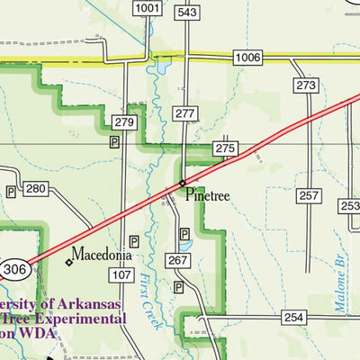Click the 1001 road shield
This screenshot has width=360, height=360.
150,9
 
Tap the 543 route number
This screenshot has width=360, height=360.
187,12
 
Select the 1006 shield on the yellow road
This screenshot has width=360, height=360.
247,58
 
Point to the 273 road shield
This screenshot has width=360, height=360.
306,85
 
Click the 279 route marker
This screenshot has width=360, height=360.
124,122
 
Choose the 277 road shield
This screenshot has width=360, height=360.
184,112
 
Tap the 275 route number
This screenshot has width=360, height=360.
224,148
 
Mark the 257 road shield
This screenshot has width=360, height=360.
309,195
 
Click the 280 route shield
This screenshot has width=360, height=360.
35,189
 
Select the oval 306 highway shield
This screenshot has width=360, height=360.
14,268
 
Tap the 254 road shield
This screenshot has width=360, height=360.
294,318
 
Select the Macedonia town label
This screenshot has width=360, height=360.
102,254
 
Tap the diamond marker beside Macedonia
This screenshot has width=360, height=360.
68,263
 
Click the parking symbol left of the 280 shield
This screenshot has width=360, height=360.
11,192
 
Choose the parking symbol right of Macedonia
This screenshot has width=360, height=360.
134,241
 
